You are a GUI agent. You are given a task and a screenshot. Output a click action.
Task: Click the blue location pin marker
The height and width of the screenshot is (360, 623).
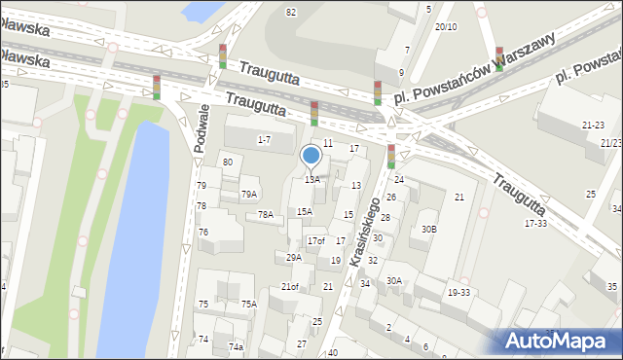[311, 156]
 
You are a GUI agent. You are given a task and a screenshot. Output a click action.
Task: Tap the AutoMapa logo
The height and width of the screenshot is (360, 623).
[560, 341]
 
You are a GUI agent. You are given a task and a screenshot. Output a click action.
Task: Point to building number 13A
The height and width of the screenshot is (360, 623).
[311, 180]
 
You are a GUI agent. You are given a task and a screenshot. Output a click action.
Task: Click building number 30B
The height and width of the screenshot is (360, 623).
[429, 230]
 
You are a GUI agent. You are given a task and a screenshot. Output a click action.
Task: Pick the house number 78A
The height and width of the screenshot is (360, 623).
[265, 215]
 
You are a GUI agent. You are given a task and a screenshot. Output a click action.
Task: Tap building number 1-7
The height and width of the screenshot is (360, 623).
[264, 140]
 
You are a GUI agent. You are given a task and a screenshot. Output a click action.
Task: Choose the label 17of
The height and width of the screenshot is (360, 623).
[316, 241]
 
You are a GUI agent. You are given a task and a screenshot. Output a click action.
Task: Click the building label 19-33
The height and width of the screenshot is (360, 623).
[458, 292]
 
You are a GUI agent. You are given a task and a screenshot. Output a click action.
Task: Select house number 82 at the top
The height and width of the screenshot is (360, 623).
[290, 12]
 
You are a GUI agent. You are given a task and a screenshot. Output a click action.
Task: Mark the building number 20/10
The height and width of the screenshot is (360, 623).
[446, 27]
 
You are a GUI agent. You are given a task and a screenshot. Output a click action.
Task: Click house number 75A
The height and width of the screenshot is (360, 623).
[249, 305]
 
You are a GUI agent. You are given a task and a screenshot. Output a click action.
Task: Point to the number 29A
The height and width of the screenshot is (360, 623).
[294, 258]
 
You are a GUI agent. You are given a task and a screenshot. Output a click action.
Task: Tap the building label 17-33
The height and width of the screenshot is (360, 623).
[536, 224]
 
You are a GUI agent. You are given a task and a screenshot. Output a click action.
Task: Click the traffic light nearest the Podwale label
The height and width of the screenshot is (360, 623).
[156, 87]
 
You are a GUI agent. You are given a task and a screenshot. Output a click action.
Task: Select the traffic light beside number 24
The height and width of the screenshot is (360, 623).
[391, 156]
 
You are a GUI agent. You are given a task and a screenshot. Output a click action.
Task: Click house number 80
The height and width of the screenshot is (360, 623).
[228, 162]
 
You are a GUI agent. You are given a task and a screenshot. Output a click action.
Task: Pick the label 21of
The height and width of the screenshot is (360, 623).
[290, 287]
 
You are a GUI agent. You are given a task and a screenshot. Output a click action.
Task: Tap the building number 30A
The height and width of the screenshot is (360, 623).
[394, 280]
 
